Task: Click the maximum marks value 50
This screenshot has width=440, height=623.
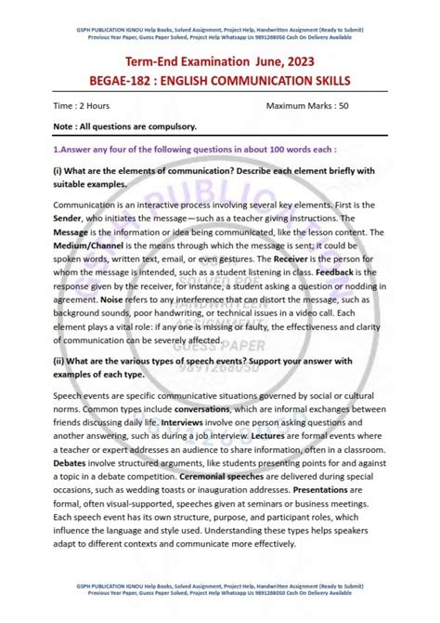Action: point(343,106)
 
